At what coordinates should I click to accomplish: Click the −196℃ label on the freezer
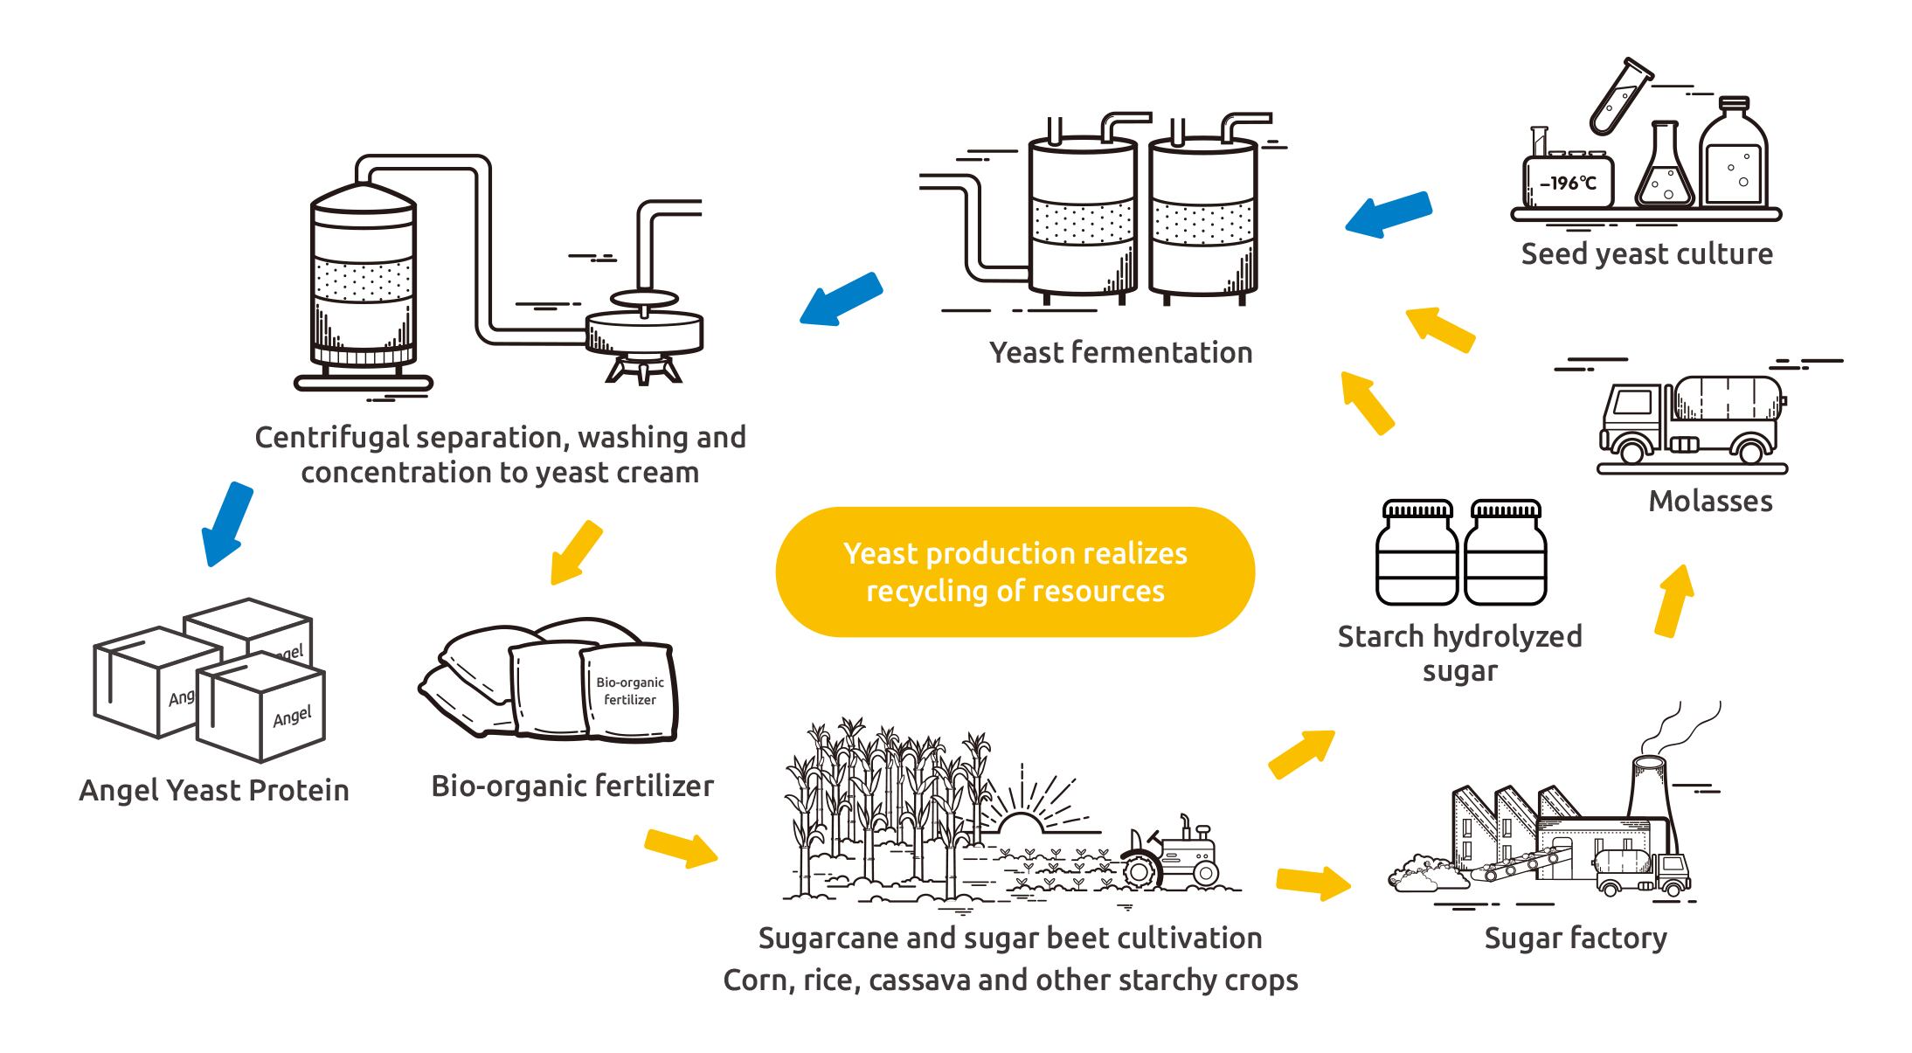(1568, 184)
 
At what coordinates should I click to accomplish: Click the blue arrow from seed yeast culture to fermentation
(1389, 214)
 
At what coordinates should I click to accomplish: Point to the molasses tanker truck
(1691, 419)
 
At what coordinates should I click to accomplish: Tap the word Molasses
(1710, 502)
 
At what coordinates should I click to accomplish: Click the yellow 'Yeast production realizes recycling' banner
(1015, 572)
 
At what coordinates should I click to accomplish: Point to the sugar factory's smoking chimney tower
(1649, 786)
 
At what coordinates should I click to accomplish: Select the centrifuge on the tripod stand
(645, 336)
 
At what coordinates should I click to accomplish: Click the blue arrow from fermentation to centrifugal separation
(842, 299)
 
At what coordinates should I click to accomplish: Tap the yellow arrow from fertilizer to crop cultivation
(681, 848)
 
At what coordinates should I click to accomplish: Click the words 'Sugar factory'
(1575, 939)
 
